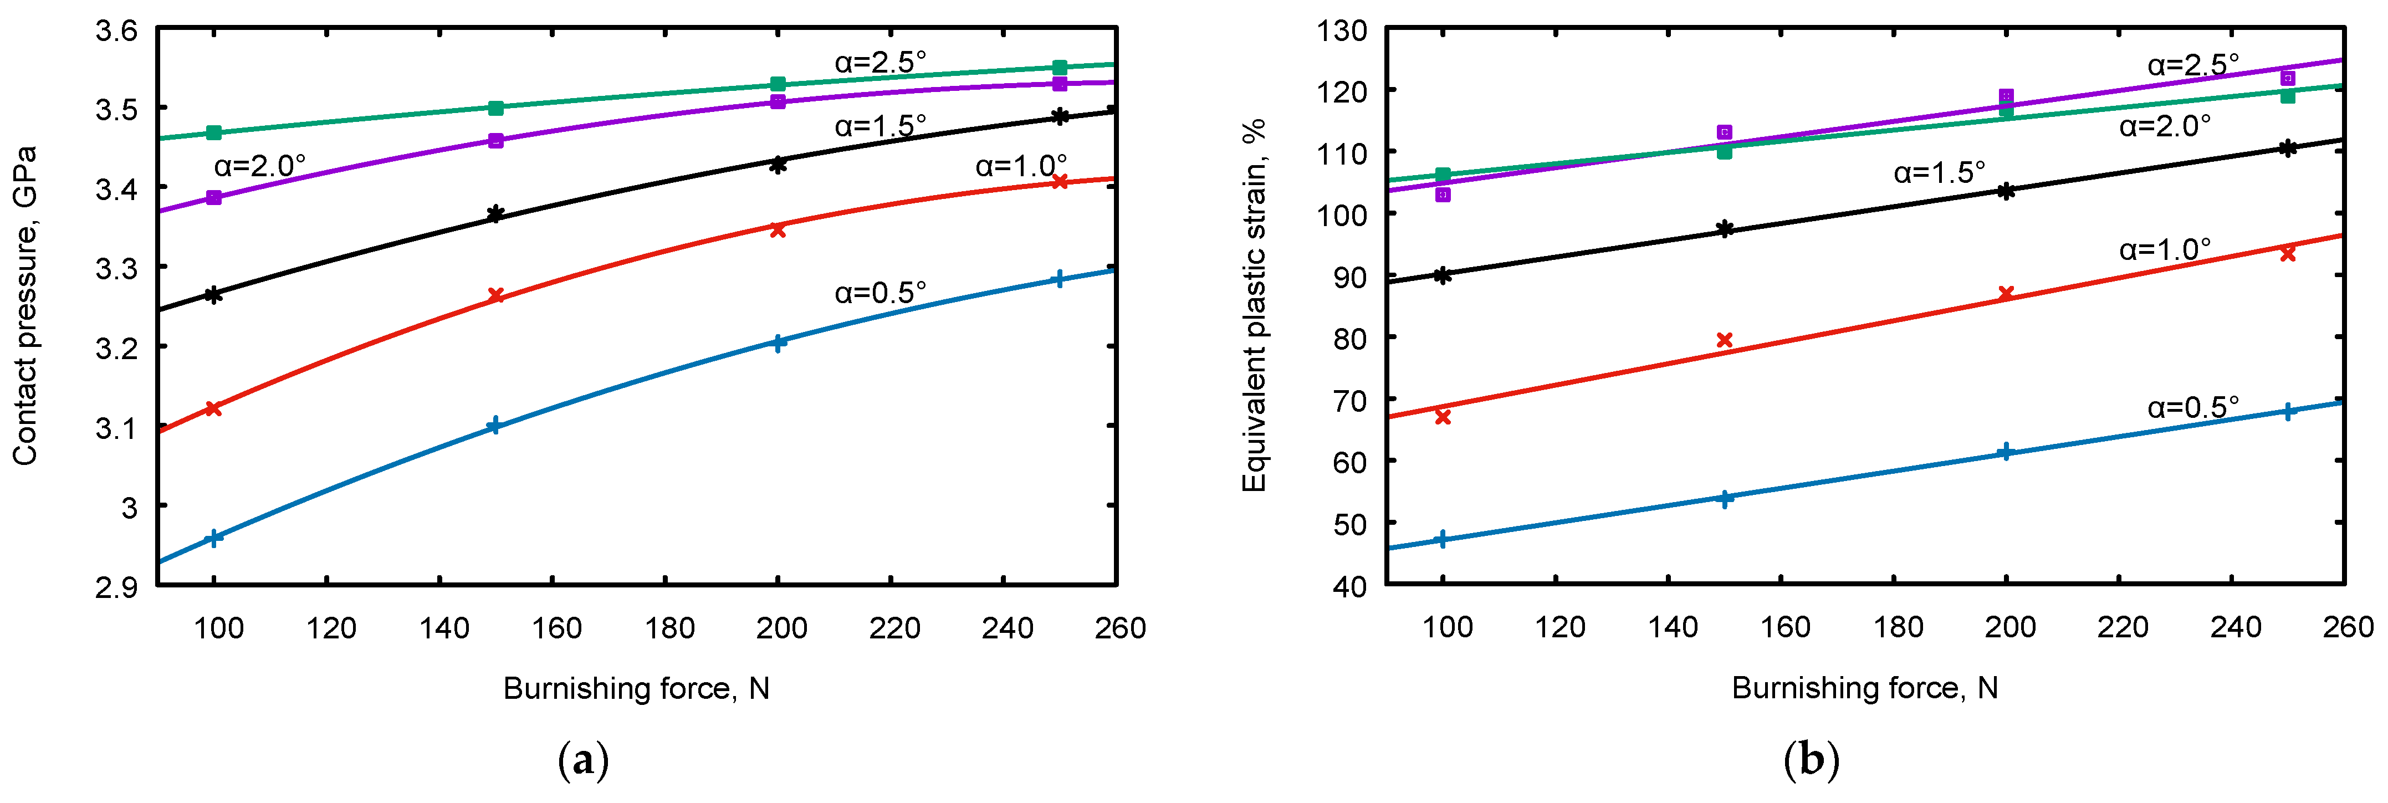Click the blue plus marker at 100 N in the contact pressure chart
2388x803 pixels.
click(214, 538)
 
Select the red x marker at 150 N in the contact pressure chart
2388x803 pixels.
click(496, 296)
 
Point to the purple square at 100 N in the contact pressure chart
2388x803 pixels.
click(214, 197)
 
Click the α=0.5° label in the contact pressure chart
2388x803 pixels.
click(879, 293)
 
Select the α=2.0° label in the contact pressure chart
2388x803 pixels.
click(259, 166)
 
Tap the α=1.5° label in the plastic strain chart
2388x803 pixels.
click(1939, 172)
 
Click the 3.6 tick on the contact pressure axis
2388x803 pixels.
click(117, 30)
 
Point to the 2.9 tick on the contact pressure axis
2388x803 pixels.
click(117, 587)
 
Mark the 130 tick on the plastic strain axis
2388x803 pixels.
click(1341, 30)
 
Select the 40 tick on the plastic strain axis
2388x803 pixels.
click(1350, 587)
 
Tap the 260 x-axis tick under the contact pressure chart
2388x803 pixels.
click(1120, 628)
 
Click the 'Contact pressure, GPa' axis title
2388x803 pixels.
click(25, 306)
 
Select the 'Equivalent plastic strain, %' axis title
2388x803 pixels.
click(1254, 306)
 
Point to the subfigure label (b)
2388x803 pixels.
click(1811, 760)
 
